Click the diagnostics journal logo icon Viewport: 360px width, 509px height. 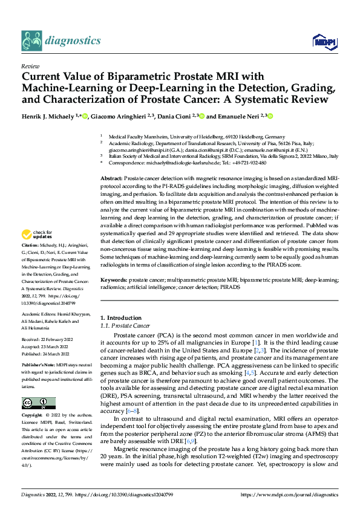[33, 41]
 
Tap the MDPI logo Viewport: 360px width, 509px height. [322, 41]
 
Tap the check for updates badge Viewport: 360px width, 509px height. [38, 235]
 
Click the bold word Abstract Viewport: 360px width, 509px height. [111, 180]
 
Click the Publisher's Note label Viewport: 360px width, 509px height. [38, 366]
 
